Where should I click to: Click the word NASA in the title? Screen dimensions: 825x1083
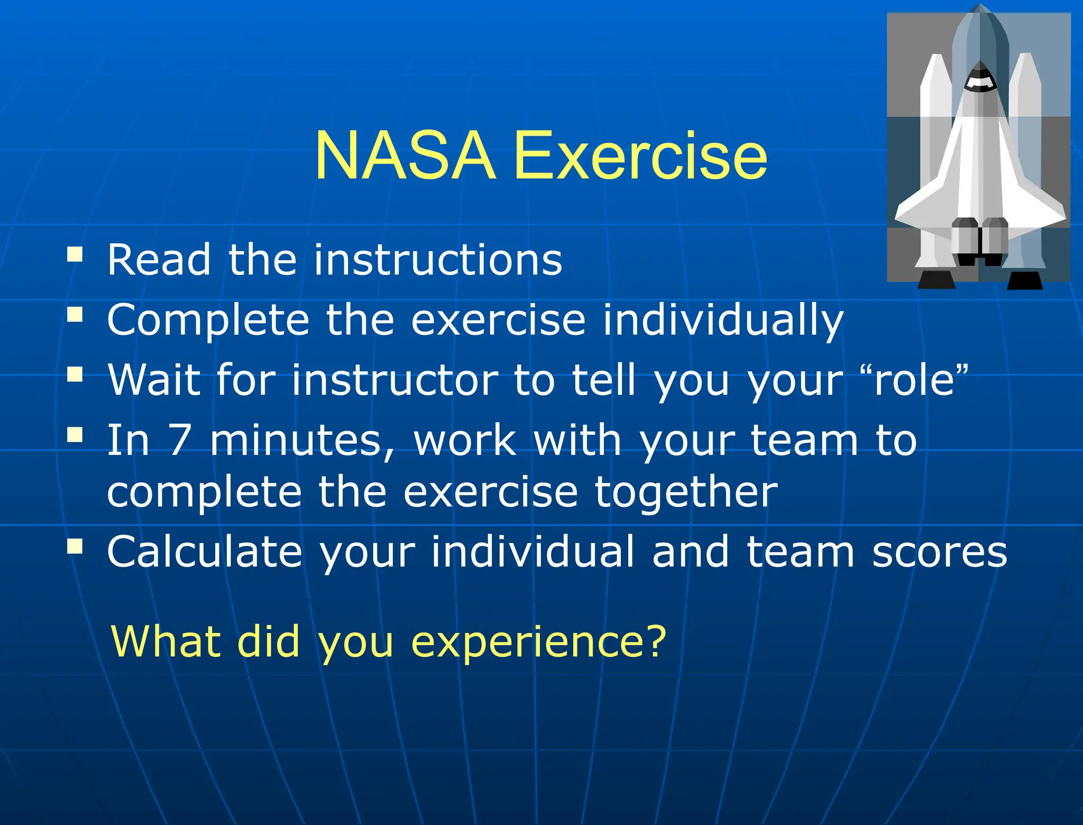(x=405, y=157)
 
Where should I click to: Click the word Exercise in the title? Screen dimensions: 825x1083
(x=640, y=157)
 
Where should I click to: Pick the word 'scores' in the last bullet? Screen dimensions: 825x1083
(x=939, y=552)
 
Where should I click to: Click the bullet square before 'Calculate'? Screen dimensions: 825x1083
(x=75, y=546)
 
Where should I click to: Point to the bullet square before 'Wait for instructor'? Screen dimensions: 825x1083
(x=75, y=375)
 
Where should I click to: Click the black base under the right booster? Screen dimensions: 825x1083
(x=1025, y=281)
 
